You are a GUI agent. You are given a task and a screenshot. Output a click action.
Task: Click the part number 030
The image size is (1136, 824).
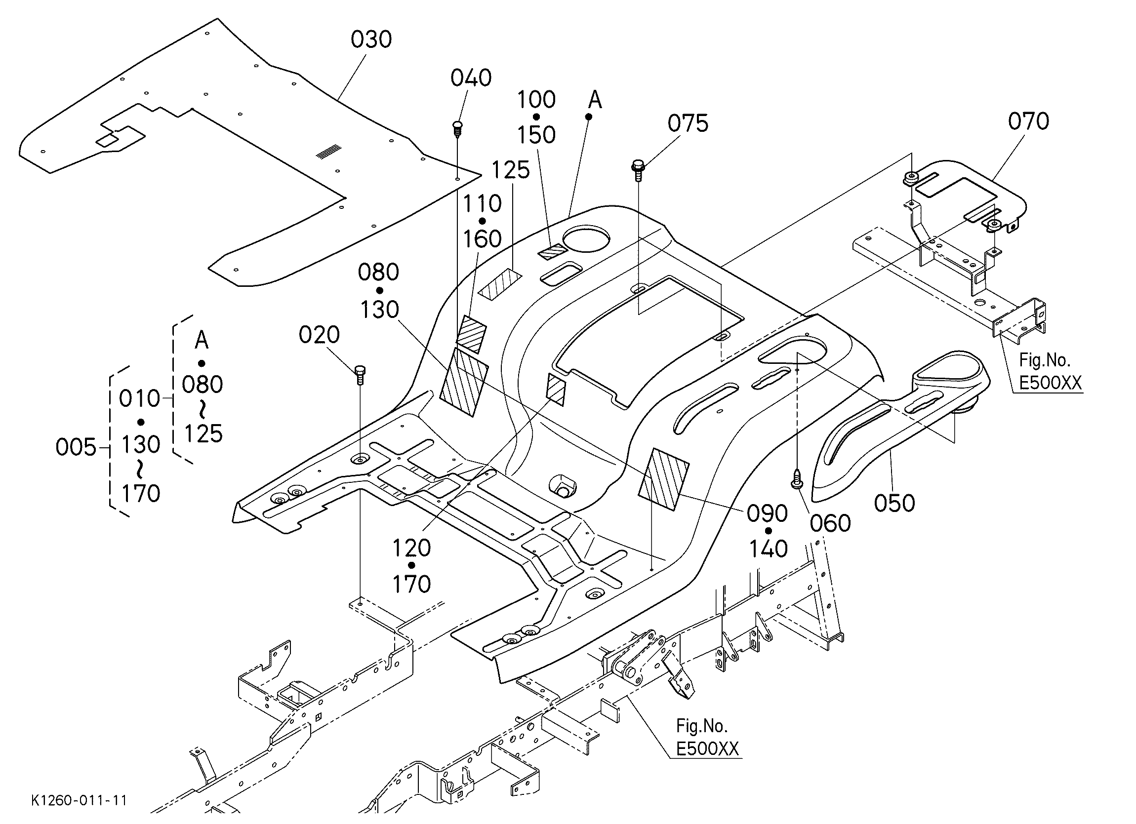point(370,39)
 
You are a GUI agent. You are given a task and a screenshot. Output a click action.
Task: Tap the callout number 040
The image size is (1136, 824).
point(471,78)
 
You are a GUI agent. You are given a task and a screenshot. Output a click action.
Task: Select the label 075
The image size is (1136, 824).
point(688,123)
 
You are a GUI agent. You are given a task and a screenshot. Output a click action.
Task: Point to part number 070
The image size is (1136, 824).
point(1028,121)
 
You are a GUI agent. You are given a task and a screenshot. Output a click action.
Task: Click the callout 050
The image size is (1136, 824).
point(894,503)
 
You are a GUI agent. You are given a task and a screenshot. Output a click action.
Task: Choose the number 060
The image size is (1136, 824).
point(830,524)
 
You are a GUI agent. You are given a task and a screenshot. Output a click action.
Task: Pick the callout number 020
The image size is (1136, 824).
point(319,334)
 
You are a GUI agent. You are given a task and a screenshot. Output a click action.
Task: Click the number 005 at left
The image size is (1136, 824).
point(76,447)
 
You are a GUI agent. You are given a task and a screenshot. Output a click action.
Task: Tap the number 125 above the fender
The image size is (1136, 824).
point(510,170)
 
